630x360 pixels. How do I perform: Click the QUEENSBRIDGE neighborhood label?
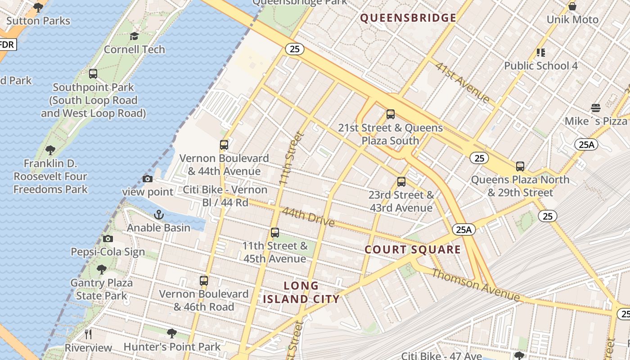pos(408,18)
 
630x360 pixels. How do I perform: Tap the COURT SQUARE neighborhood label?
pos(413,250)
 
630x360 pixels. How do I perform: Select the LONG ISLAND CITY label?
pos(301,292)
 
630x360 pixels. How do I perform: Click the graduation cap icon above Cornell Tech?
pos(134,36)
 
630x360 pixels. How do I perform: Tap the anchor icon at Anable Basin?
pos(158,215)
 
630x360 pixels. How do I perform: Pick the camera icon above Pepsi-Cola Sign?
pos(108,239)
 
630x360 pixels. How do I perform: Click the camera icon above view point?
pos(147,179)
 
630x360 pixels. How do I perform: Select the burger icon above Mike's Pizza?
pos(595,108)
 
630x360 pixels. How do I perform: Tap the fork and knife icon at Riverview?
pos(88,334)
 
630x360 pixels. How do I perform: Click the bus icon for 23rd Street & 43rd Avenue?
pos(401,182)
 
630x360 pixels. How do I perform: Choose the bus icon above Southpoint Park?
pos(93,74)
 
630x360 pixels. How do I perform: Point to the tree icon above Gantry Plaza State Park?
pos(102,270)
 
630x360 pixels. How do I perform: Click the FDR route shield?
pos(7,45)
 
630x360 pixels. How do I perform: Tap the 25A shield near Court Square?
pos(463,229)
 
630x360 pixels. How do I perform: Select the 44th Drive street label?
pos(308,216)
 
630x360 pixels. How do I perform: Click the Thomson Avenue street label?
pos(476,285)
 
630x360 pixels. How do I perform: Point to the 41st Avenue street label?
pos(462,82)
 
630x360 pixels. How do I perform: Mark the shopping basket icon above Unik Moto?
pos(572,7)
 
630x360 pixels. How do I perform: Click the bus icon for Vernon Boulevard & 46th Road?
pos(204,281)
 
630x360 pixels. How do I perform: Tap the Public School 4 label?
pos(540,66)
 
